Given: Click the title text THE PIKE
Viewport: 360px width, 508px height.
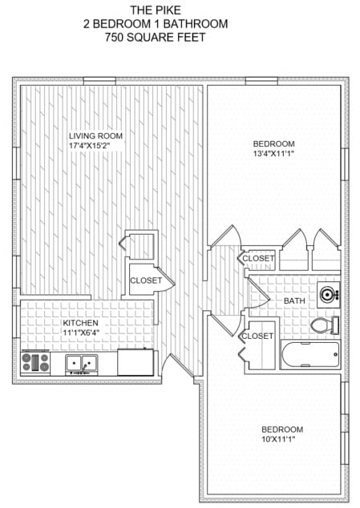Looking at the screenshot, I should [155, 10].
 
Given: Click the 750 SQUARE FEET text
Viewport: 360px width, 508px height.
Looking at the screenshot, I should [155, 38].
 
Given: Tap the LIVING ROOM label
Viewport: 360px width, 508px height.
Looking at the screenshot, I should [95, 135].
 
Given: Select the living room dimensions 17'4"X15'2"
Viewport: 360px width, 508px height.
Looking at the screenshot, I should [95, 146].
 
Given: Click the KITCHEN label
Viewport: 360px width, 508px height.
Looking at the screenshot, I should [80, 324].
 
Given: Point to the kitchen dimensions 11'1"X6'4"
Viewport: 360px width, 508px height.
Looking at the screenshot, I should [80, 334].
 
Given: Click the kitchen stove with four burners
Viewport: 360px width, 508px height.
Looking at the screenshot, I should [36, 362].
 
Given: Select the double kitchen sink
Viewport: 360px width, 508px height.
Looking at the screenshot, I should [81, 364].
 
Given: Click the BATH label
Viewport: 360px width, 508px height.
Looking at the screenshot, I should [294, 300].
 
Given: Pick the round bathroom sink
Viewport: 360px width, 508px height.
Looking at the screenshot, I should [328, 294].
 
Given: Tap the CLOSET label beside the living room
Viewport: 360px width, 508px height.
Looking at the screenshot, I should [146, 280].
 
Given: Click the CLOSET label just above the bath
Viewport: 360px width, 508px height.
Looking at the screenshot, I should [258, 259].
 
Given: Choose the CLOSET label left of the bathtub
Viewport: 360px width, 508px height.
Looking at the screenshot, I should [257, 336].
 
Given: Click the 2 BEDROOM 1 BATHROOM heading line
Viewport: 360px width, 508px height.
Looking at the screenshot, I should [155, 24].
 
